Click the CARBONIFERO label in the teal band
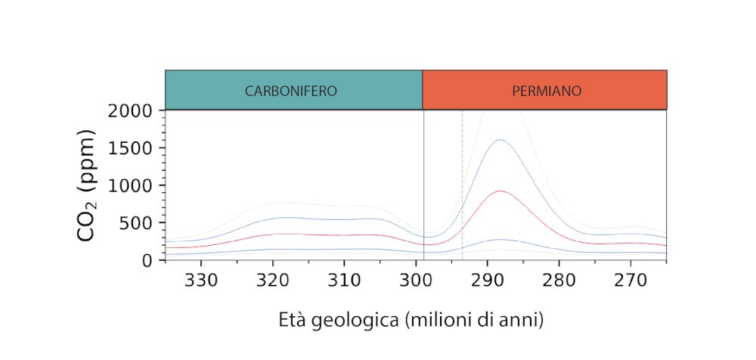291,91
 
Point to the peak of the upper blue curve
500,140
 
